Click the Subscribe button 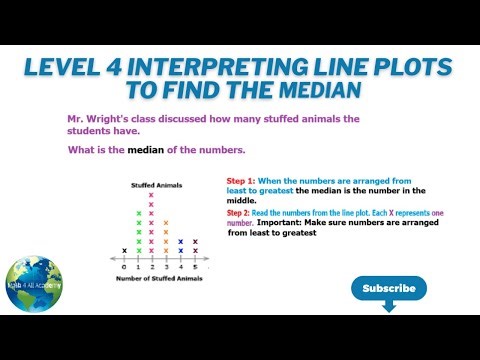389,288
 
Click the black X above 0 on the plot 124,250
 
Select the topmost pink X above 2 152,195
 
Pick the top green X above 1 138,214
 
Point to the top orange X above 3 166,223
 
